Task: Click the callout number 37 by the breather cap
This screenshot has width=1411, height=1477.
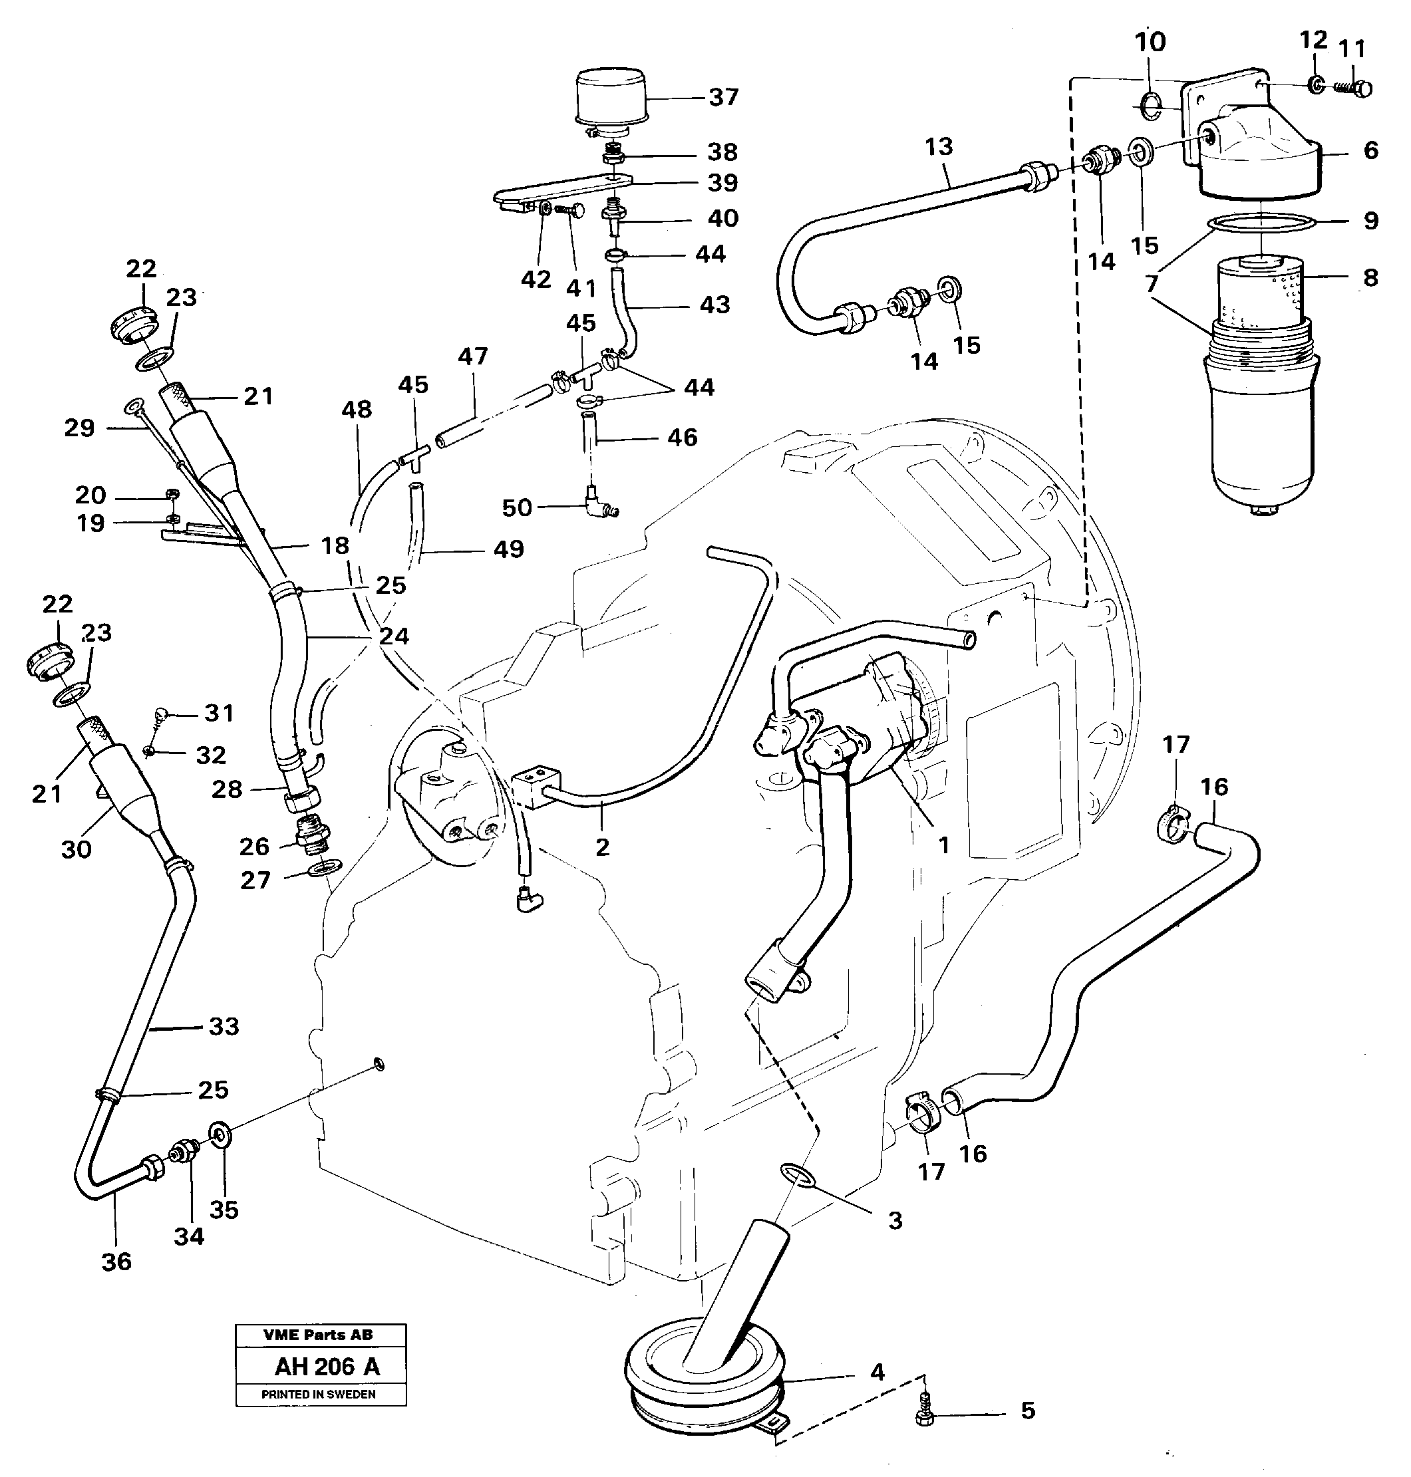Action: pyautogui.click(x=723, y=97)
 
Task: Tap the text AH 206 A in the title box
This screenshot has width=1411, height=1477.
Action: pyautogui.click(x=327, y=1367)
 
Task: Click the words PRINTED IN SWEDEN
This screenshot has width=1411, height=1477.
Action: pyautogui.click(x=318, y=1395)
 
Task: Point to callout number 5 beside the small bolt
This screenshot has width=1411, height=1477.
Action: pyautogui.click(x=1027, y=1410)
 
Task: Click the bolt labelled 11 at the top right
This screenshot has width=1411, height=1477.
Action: pyautogui.click(x=1357, y=88)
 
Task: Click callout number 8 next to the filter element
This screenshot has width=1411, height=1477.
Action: pyautogui.click(x=1370, y=277)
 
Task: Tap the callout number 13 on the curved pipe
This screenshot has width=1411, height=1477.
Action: pyautogui.click(x=938, y=147)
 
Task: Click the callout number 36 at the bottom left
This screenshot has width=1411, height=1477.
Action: pyautogui.click(x=116, y=1261)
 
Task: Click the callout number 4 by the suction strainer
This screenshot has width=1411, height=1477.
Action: pyautogui.click(x=876, y=1372)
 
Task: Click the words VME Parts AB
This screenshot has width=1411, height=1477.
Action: pyautogui.click(x=318, y=1335)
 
